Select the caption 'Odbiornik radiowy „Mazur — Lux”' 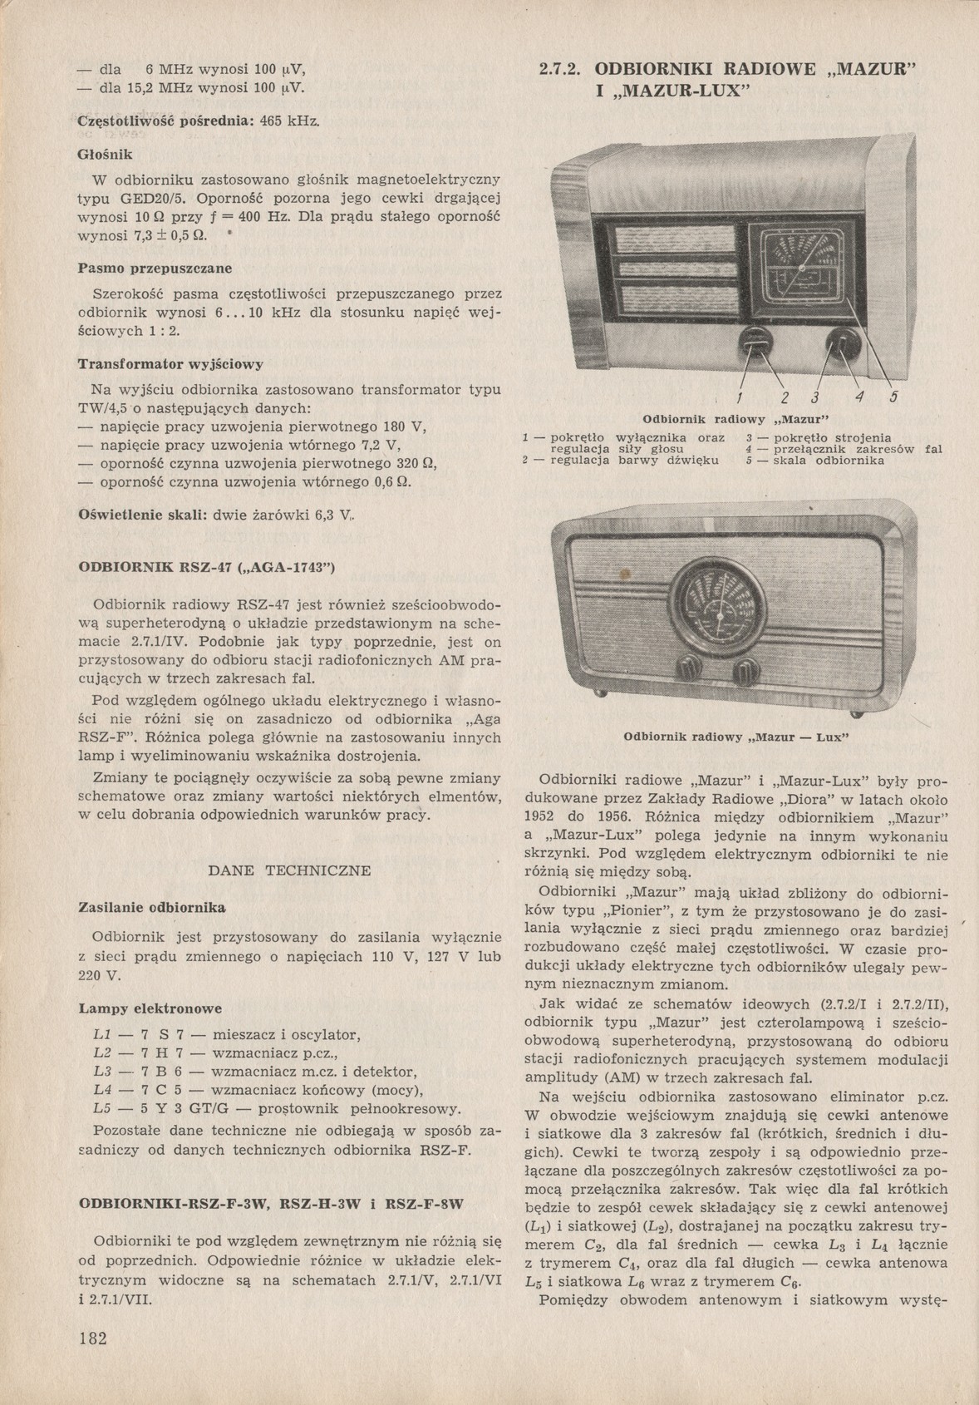click(x=735, y=737)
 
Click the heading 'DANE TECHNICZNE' click(x=289, y=870)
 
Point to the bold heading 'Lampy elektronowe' click(x=150, y=1008)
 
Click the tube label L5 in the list click(x=104, y=1109)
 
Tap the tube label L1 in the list click(x=104, y=1035)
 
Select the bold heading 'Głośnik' click(x=105, y=155)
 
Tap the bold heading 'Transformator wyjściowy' click(x=170, y=364)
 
